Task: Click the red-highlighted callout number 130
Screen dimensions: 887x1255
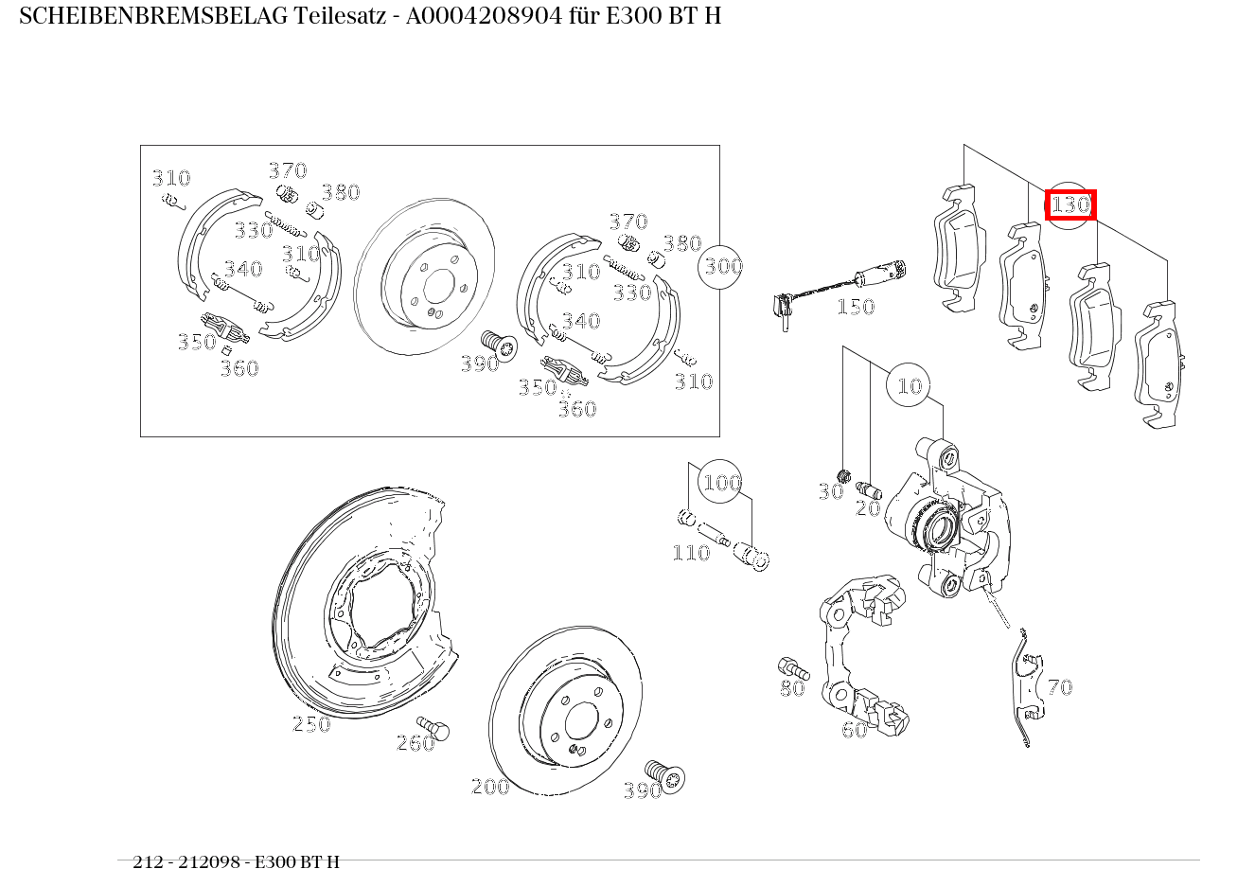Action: pyautogui.click(x=1070, y=204)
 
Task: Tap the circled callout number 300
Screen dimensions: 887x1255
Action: pyautogui.click(x=722, y=266)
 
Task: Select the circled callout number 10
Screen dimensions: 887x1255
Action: pyautogui.click(x=909, y=385)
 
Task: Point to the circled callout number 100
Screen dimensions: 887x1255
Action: pyautogui.click(x=720, y=483)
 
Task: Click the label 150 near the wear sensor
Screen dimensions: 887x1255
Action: pyautogui.click(x=855, y=307)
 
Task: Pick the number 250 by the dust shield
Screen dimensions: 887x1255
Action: pyautogui.click(x=311, y=724)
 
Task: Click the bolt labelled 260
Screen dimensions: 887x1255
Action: pyautogui.click(x=436, y=729)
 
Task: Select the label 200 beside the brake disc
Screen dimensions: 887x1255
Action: pyautogui.click(x=490, y=787)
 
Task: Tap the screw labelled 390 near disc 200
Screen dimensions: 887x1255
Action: pyautogui.click(x=666, y=775)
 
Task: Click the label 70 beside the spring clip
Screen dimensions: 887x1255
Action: pyautogui.click(x=1059, y=687)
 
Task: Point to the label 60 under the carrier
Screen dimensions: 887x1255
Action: pyautogui.click(x=854, y=730)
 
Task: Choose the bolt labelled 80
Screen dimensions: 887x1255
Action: pyautogui.click(x=788, y=667)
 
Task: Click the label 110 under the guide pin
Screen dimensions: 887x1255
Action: pyautogui.click(x=690, y=553)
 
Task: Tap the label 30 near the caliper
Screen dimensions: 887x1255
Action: pyautogui.click(x=830, y=492)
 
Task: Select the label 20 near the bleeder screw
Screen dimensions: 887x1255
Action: pyautogui.click(x=868, y=508)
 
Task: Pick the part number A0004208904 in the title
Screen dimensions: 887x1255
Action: pyautogui.click(x=473, y=16)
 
